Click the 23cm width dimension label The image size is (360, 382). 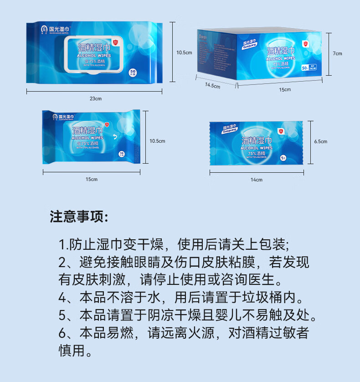click(x=95, y=99)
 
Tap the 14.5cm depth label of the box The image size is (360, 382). click(x=212, y=85)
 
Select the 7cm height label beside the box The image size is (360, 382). click(x=337, y=54)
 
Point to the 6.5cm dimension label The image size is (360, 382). click(x=321, y=141)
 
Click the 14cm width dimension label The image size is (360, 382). click(x=257, y=180)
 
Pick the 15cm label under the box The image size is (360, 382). click(x=285, y=90)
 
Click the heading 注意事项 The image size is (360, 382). click(x=79, y=217)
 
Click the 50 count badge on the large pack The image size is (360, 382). click(x=133, y=72)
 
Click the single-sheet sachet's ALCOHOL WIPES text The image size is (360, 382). click(x=257, y=148)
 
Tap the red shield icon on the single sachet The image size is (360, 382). click(x=281, y=131)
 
